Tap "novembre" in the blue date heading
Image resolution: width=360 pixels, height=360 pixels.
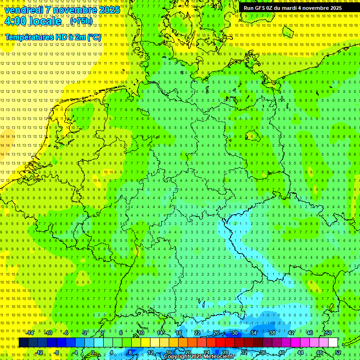pos(75,10)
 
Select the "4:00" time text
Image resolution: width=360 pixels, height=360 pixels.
pos(15,22)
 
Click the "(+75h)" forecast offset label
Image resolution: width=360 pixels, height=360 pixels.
pos(81,21)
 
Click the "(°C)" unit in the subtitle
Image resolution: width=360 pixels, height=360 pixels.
pos(93,37)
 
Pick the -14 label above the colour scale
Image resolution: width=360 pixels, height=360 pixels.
pos(30,333)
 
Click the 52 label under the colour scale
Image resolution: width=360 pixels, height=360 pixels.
pos(338,352)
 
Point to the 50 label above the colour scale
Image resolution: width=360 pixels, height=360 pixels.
pos(329,333)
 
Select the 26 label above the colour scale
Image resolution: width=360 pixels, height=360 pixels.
pos(216,333)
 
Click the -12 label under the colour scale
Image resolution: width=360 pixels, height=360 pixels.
pos(39,352)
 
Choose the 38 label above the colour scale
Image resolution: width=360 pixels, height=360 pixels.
pos(272,333)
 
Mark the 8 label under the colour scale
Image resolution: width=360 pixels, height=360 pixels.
pos(130,352)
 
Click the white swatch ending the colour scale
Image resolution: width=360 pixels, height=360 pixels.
pos(346,343)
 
